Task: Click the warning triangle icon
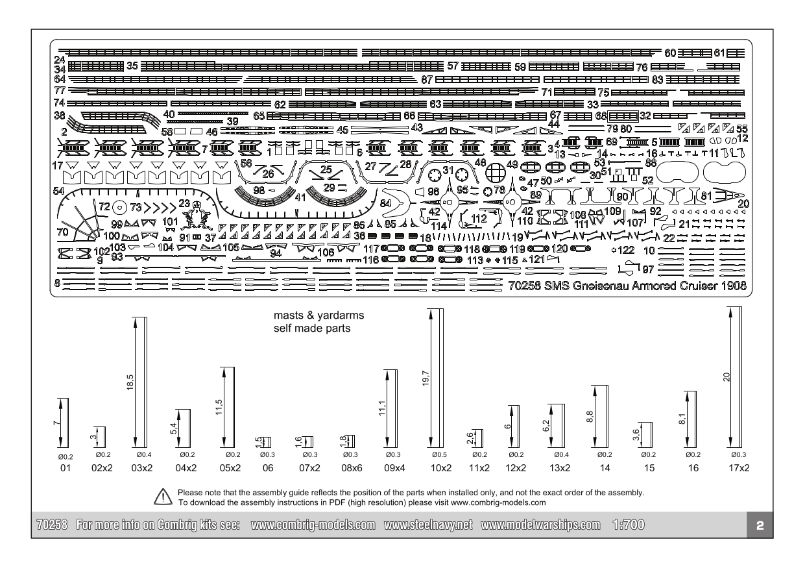[163, 497]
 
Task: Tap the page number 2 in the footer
[760, 526]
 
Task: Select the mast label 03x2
[142, 468]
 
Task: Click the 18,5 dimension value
[130, 382]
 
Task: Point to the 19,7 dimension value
[426, 378]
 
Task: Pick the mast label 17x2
[739, 468]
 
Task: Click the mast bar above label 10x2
[441, 378]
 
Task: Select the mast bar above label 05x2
[232, 408]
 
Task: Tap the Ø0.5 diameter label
[439, 454]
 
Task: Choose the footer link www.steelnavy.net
[428, 525]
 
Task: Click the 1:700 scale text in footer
[629, 525]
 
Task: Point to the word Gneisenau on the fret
[601, 286]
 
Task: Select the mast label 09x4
[394, 468]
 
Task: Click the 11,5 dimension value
[219, 407]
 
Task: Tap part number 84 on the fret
[385, 204]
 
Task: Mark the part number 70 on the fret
[62, 232]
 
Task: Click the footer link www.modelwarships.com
[540, 525]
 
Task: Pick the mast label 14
[605, 468]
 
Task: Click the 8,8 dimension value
[590, 417]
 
